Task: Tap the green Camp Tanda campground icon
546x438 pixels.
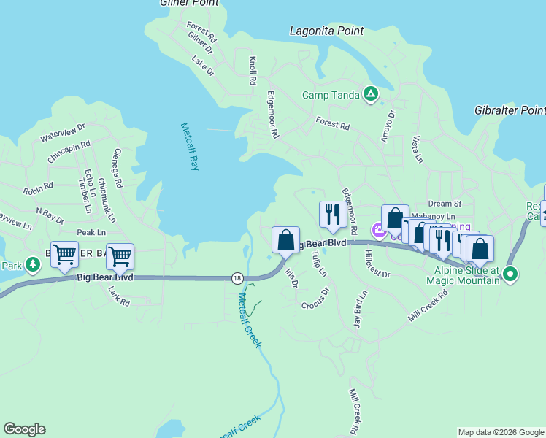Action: click(371, 93)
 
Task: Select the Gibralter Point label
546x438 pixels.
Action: click(510, 110)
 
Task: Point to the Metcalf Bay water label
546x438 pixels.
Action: click(189, 146)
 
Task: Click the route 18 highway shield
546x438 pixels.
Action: click(237, 278)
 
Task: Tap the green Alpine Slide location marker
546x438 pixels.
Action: click(510, 275)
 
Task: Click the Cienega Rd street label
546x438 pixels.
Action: click(117, 168)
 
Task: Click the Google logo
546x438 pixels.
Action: click(24, 429)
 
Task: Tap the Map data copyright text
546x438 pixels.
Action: click(501, 432)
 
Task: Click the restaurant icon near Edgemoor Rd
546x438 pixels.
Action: click(331, 214)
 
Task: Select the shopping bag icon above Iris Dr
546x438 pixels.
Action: click(285, 239)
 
